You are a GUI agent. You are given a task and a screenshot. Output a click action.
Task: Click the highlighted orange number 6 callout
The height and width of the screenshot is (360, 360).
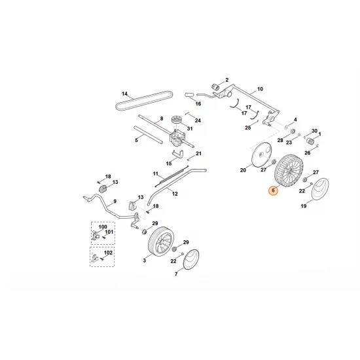pyautogui.click(x=273, y=191)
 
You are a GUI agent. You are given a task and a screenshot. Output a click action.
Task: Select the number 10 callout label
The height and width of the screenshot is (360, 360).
pyautogui.click(x=260, y=88)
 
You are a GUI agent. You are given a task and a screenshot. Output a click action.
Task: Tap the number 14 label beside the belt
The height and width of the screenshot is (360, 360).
pyautogui.click(x=125, y=94)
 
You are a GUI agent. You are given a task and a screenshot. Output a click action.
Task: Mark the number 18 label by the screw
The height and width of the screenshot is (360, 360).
pyautogui.click(x=109, y=177)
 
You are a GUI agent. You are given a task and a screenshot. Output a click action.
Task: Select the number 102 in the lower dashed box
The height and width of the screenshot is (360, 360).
pyautogui.click(x=108, y=252)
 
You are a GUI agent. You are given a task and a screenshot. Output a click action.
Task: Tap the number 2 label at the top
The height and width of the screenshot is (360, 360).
pyautogui.click(x=226, y=80)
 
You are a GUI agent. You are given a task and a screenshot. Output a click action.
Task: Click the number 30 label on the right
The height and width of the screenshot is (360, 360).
pyautogui.click(x=314, y=131)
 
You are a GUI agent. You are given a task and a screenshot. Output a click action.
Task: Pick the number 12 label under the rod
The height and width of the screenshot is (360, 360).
pyautogui.click(x=175, y=194)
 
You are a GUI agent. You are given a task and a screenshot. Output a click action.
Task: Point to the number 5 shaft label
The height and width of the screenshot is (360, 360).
pyautogui.click(x=136, y=140)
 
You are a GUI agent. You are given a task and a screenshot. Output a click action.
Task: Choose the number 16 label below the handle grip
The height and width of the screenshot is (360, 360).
pyautogui.click(x=198, y=104)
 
